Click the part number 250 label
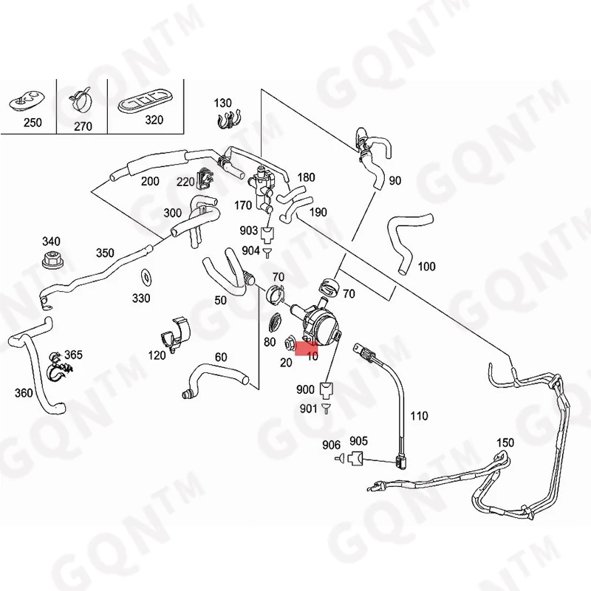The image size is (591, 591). pyautogui.click(x=33, y=123)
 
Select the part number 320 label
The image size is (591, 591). pyautogui.click(x=154, y=120)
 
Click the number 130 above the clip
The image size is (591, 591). pyautogui.click(x=222, y=103)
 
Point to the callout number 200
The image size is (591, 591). pyautogui.click(x=150, y=181)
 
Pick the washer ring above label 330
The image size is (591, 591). pyautogui.click(x=146, y=279)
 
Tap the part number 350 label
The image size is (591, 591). pyautogui.click(x=105, y=253)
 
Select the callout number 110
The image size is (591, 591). pyautogui.click(x=419, y=416)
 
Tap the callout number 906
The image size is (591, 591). pyautogui.click(x=331, y=444)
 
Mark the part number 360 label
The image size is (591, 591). pyautogui.click(x=24, y=392)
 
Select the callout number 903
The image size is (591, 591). pyautogui.click(x=249, y=231)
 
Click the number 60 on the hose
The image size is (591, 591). pyautogui.click(x=221, y=358)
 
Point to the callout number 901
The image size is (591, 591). pyautogui.click(x=307, y=408)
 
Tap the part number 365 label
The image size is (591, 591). pyautogui.click(x=73, y=355)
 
